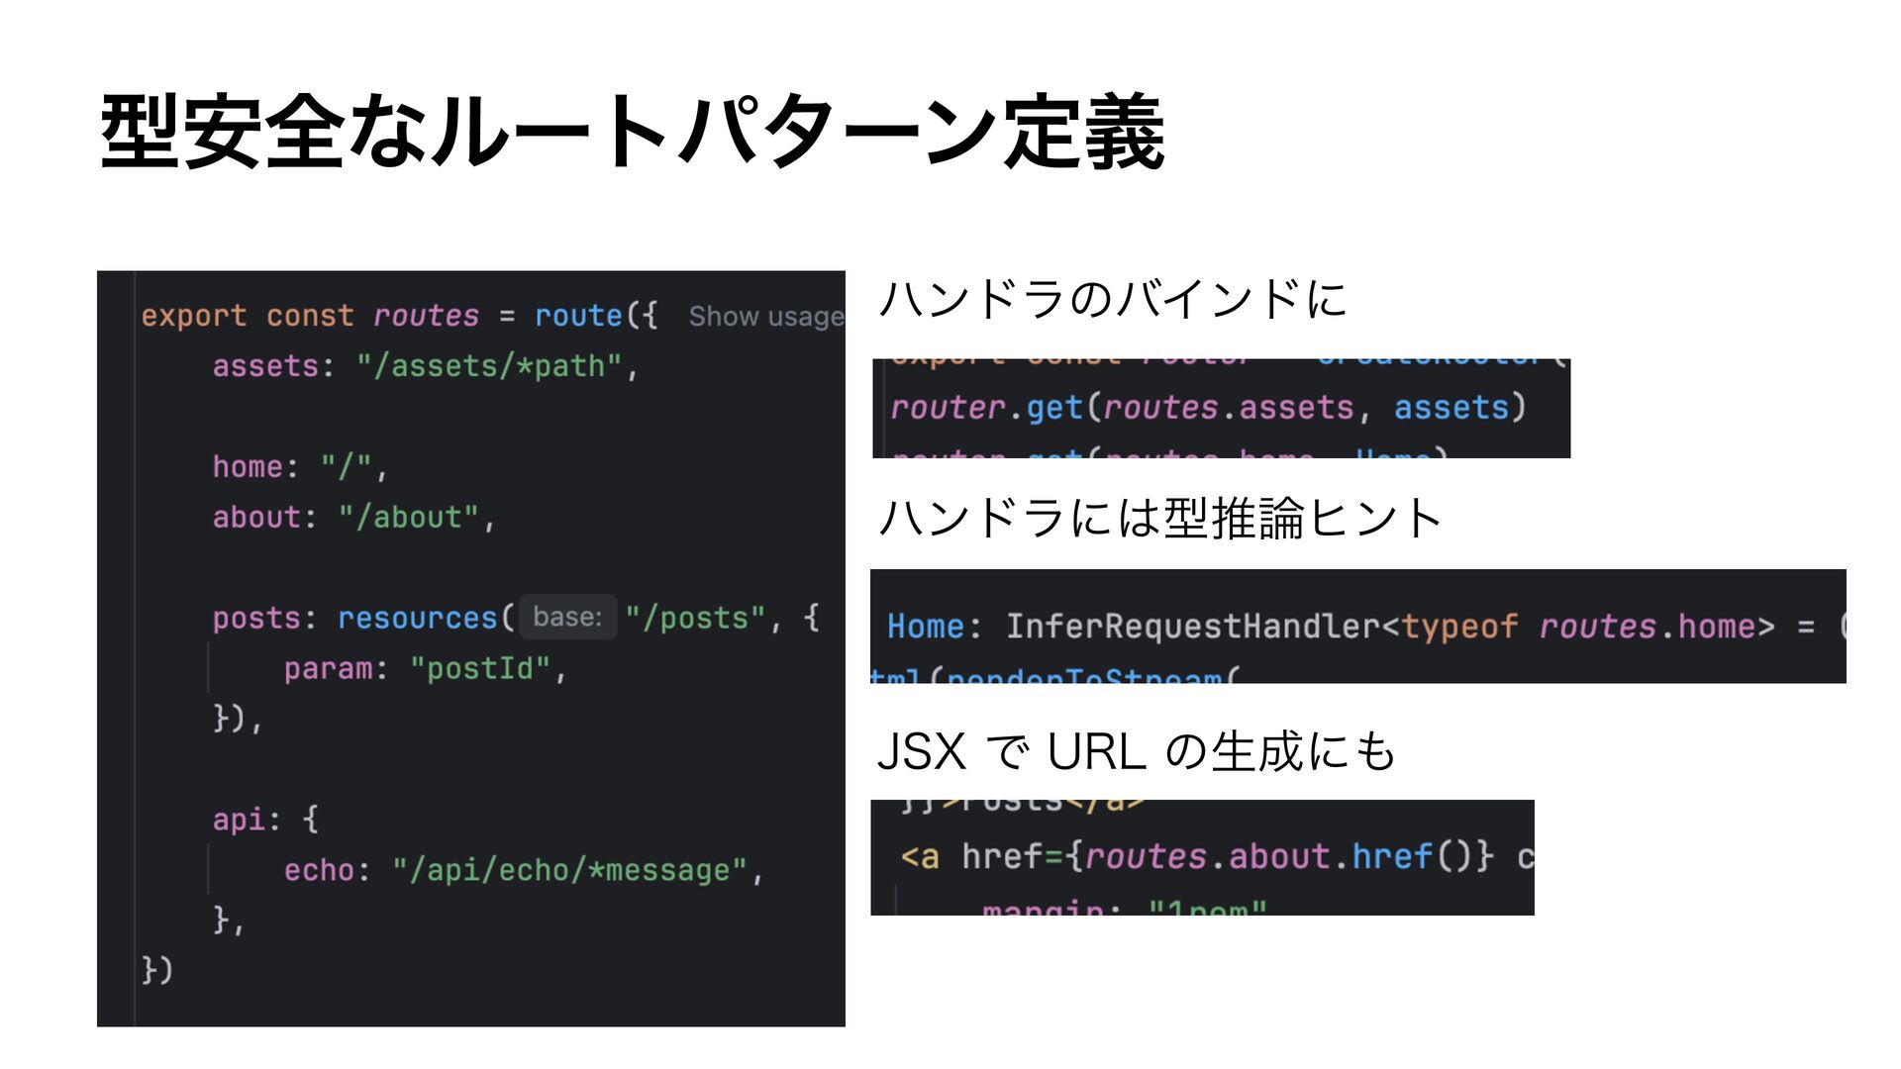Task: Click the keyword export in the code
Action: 193,316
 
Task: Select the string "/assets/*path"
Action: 489,366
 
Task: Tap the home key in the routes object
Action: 248,466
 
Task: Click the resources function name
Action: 417,618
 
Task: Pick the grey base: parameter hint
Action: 567,617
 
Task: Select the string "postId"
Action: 480,669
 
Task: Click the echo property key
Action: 319,870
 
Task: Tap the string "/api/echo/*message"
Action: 569,870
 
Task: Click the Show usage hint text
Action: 765,317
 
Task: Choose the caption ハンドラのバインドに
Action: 1113,299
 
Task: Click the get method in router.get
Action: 1053,408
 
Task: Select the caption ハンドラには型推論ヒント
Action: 1159,518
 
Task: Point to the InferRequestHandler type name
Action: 1192,627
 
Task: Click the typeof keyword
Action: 1458,627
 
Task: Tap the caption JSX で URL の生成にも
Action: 1136,751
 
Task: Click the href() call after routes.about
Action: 1392,856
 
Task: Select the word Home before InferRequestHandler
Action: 925,627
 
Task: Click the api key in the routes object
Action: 239,820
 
